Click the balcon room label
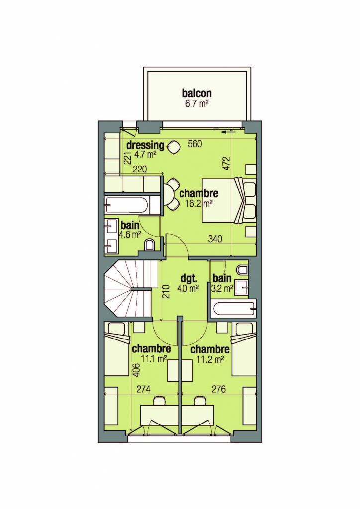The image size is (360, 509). (197, 93)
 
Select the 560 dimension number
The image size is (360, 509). (195, 144)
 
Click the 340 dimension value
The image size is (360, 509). (215, 239)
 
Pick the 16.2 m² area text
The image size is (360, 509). (199, 203)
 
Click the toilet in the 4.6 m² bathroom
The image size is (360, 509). (150, 245)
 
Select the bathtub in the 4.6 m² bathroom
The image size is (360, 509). (128, 205)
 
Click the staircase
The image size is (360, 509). (128, 289)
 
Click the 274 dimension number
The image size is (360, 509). (143, 389)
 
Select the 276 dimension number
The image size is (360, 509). (218, 389)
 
